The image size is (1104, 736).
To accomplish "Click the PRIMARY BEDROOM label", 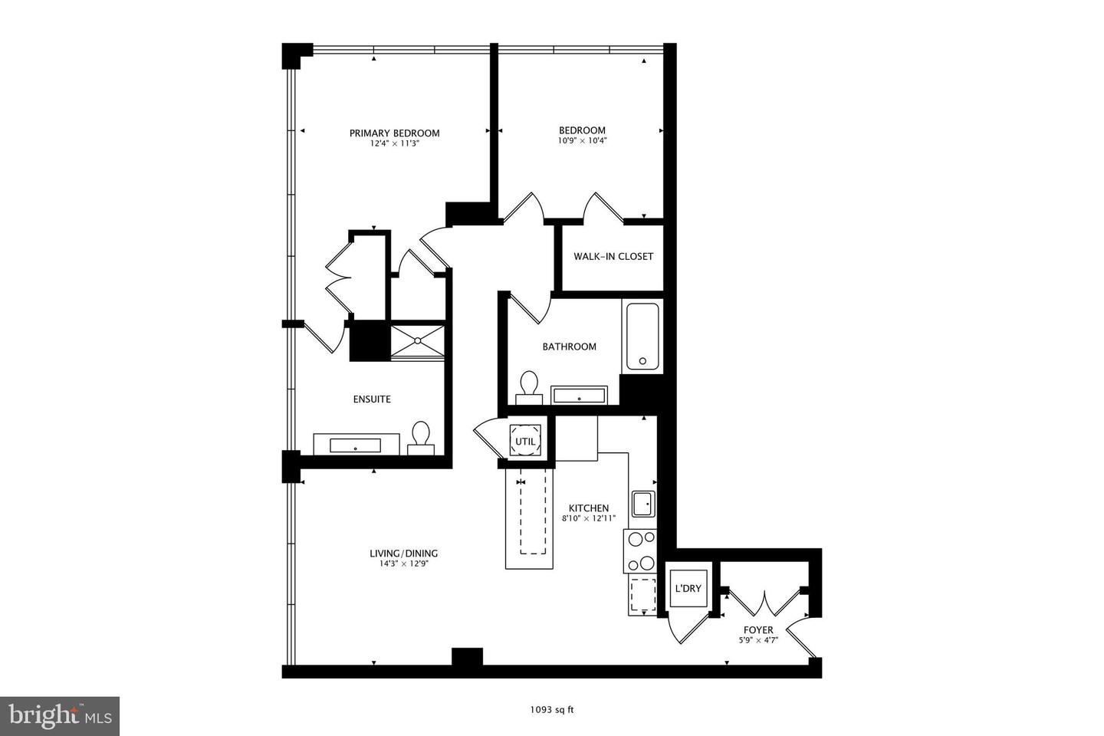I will pos(394,133).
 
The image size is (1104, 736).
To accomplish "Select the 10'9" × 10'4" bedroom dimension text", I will pos(582,141).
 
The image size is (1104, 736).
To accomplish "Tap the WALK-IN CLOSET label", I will pos(613,256).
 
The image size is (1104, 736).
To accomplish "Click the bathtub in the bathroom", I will pos(642,337).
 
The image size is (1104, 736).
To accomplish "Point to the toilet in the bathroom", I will pos(529,386).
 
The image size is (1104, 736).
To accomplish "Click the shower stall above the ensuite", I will pos(417,340).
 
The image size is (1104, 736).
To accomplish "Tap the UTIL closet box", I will pos(525,441).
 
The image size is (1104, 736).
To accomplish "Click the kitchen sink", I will pos(642,504).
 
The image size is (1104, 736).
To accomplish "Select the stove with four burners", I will pos(641,551).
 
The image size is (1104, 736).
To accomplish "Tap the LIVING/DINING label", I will pos(404,554).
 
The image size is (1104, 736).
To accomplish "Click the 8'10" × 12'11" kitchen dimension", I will pos(589,518).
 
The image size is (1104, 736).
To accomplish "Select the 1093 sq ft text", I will pos(551,709).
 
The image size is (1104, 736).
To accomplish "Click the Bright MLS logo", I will pos(59,716).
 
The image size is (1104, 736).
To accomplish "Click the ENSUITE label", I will pos(372,399).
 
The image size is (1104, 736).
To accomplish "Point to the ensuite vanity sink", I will pos(356,445).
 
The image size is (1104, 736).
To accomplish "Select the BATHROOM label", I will pos(569,347).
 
